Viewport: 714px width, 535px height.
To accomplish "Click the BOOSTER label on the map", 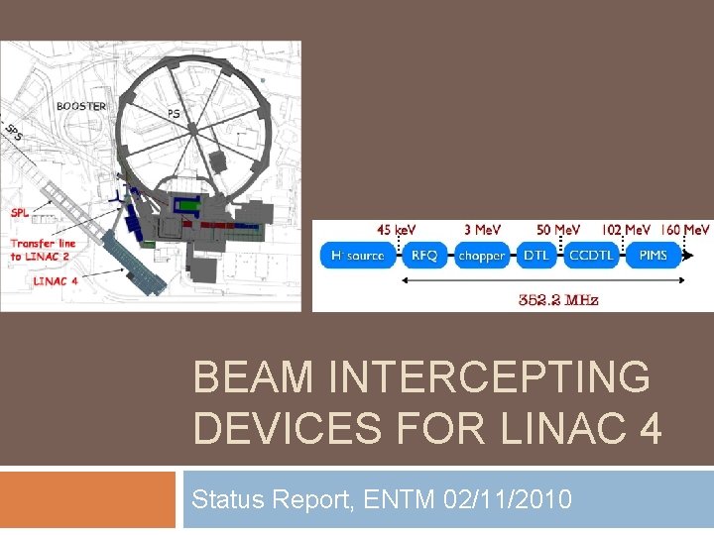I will coord(81,106).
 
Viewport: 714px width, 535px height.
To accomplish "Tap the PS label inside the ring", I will coord(174,114).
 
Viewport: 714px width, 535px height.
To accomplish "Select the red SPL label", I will coord(20,212).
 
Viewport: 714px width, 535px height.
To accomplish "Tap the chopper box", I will coord(482,255).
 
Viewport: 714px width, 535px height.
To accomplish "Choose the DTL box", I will coord(536,255).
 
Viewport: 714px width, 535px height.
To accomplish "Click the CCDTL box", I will coord(592,255).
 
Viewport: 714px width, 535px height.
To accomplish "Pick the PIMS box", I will coord(654,255).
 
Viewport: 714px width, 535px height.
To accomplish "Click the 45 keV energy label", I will coord(397,230).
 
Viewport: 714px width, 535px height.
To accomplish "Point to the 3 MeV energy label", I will coord(482,230).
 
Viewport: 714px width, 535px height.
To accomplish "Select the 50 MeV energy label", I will coord(559,230).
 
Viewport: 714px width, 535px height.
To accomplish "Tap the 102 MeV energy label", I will coord(627,230).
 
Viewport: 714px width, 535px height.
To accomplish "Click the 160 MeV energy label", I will coord(685,230).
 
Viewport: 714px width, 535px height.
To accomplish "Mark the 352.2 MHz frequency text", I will coord(558,299).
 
